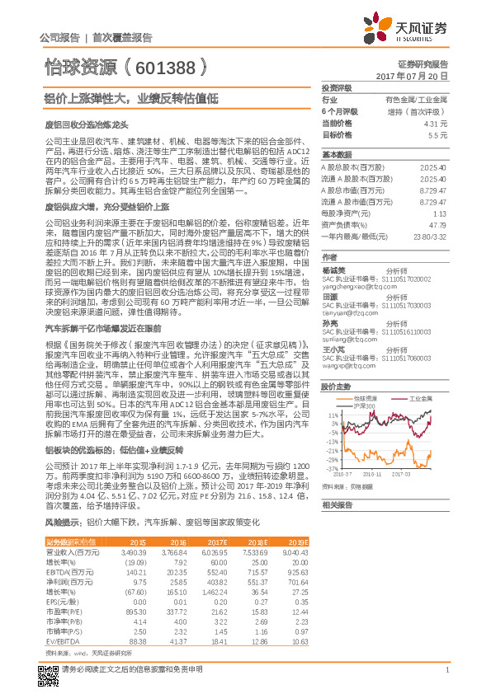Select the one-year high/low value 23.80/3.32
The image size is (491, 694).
(x=432, y=236)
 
